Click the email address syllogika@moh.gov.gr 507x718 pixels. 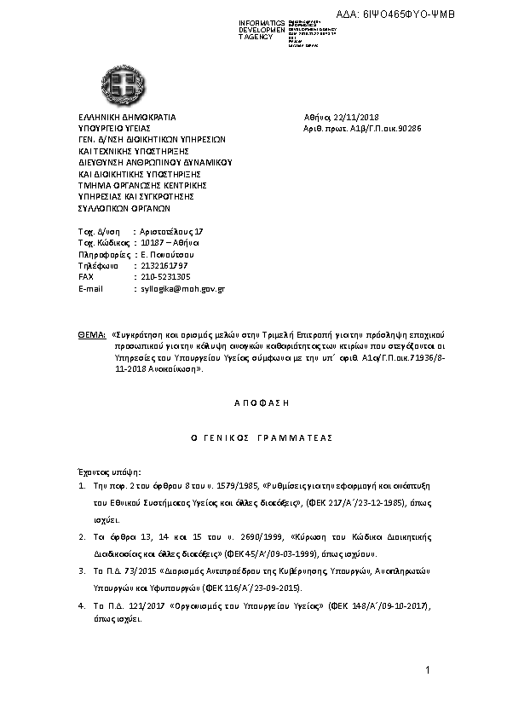(x=181, y=289)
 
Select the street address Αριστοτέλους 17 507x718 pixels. (x=171, y=231)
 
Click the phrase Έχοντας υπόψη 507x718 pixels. (x=107, y=472)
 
